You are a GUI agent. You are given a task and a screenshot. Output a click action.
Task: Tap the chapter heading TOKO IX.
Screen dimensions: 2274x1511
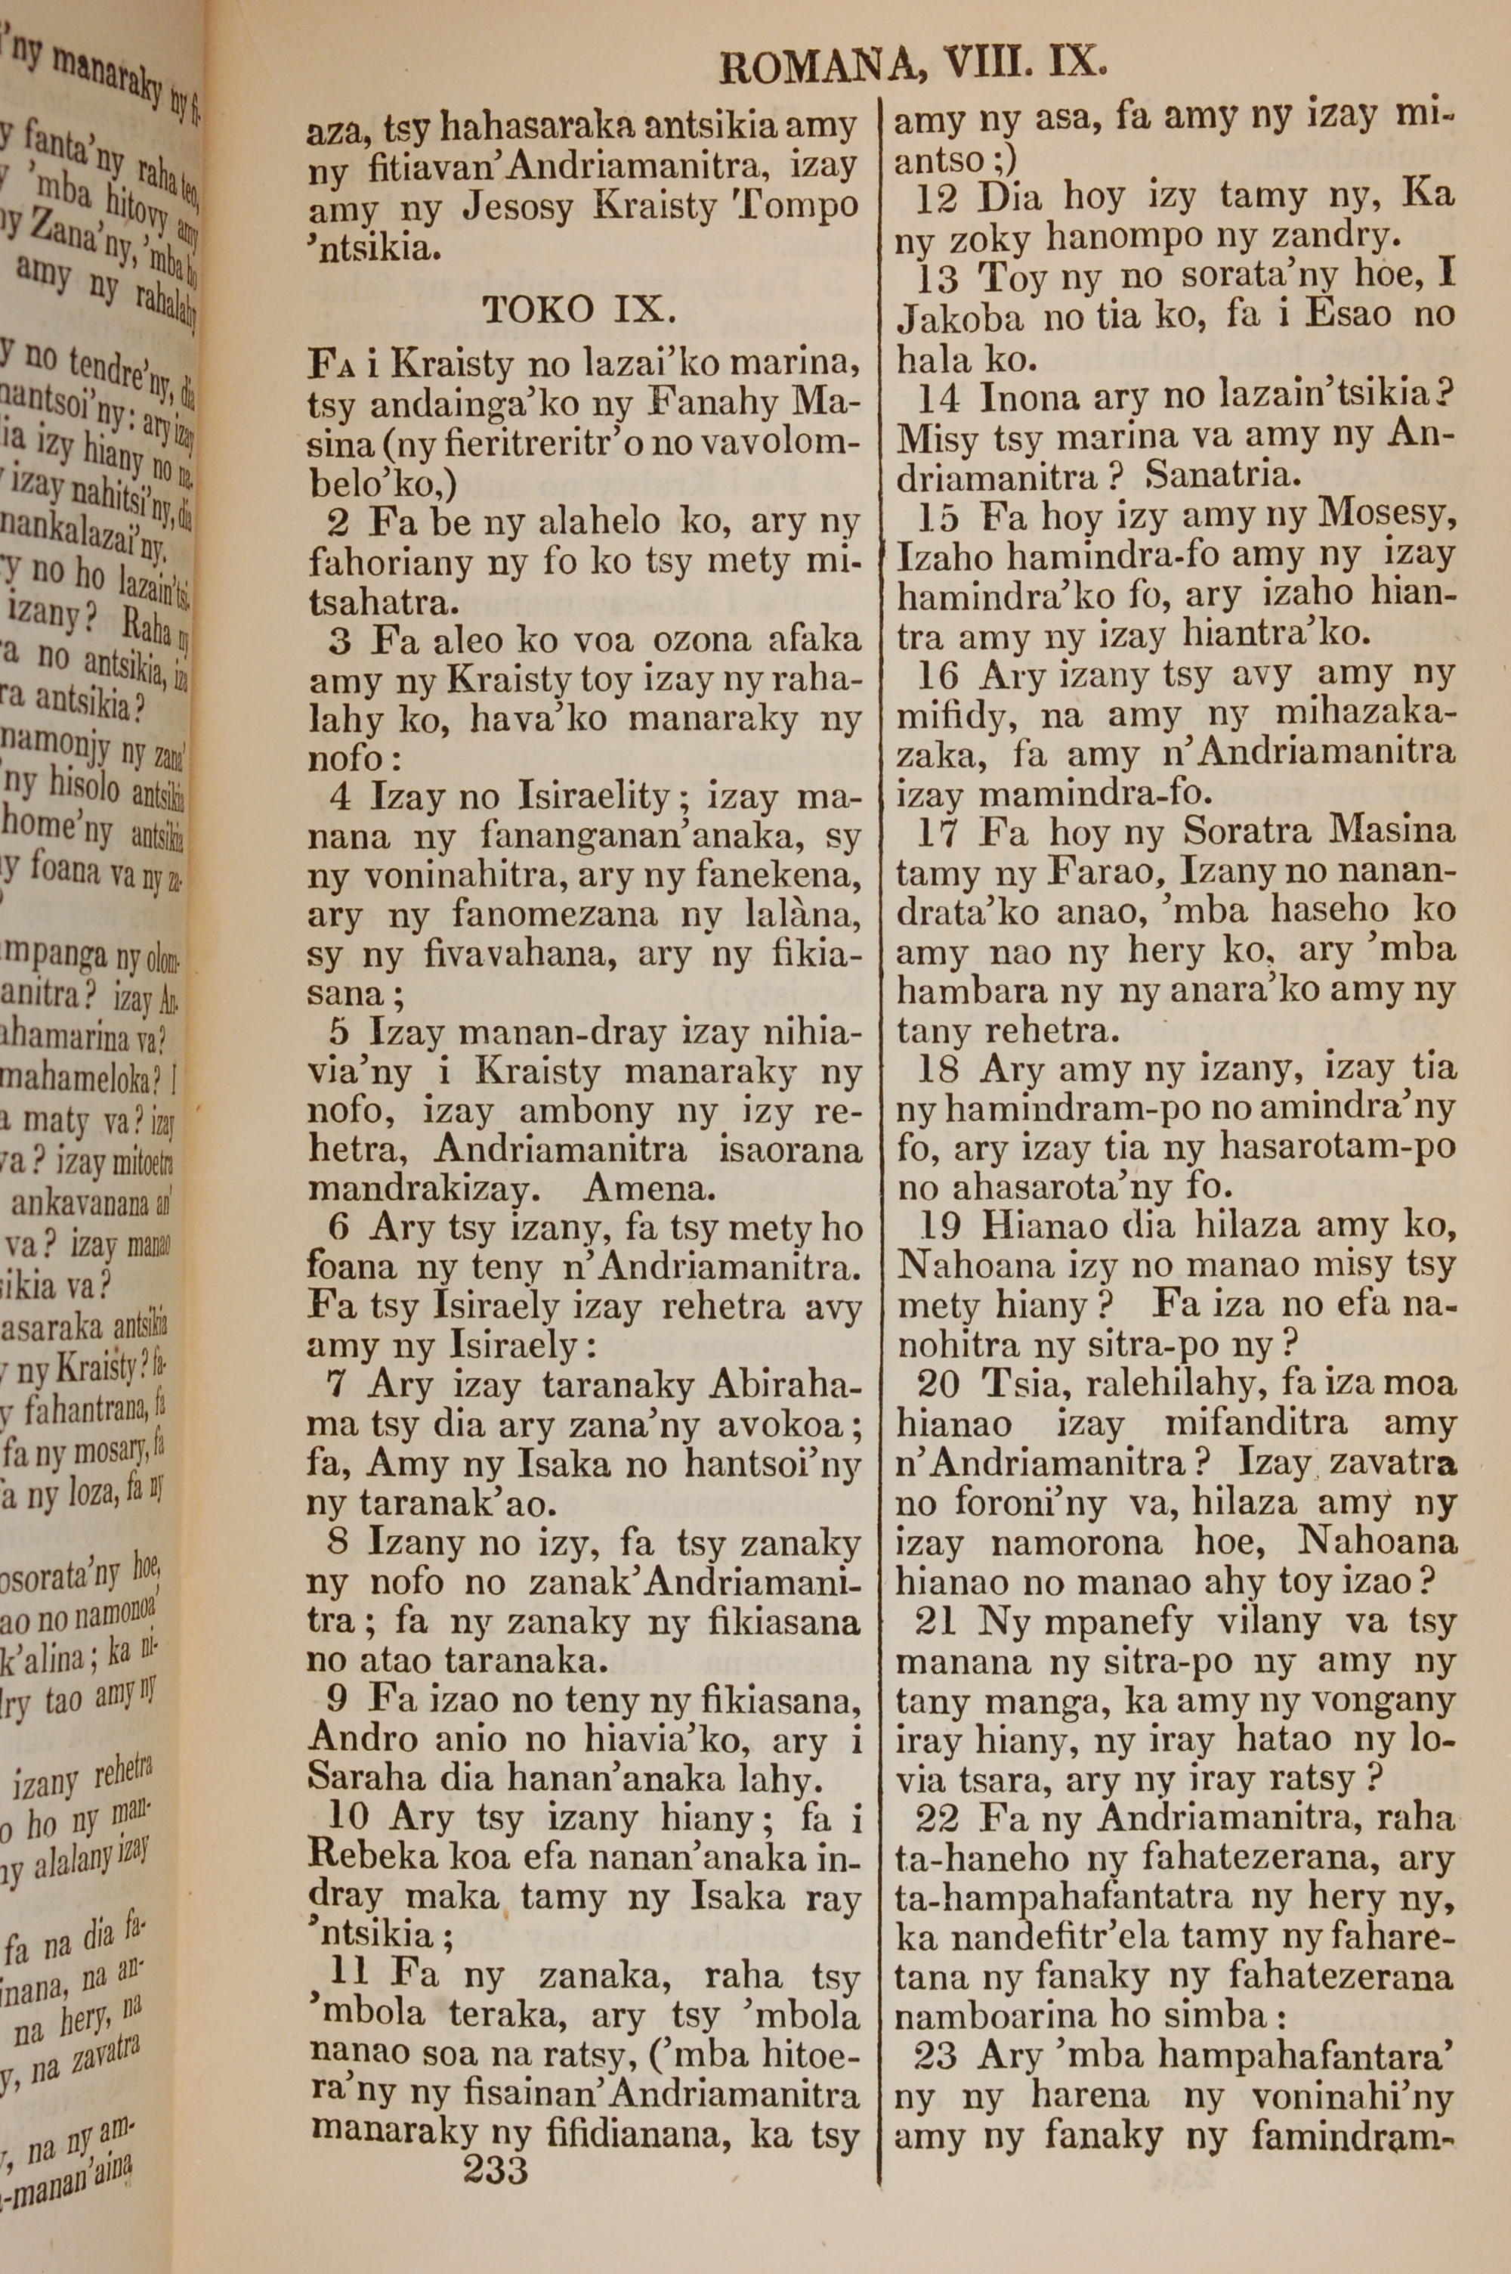click(x=574, y=309)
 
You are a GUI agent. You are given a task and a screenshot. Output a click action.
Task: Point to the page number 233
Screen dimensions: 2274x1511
click(x=496, y=2143)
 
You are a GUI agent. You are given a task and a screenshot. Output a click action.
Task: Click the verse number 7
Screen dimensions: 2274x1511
click(x=336, y=1385)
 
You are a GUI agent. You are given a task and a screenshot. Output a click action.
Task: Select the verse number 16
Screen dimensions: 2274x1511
click(x=938, y=675)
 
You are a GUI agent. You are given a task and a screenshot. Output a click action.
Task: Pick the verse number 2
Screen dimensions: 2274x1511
click(x=338, y=522)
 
